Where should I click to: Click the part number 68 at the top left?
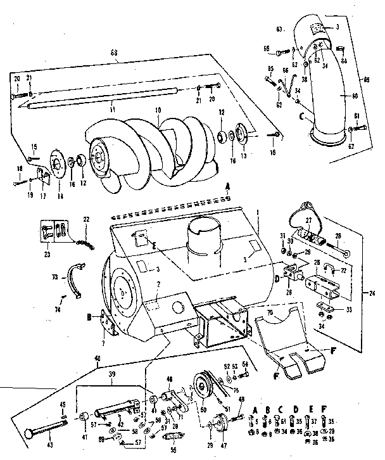[x=114, y=51]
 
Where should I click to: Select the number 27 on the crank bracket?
[x=310, y=220]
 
